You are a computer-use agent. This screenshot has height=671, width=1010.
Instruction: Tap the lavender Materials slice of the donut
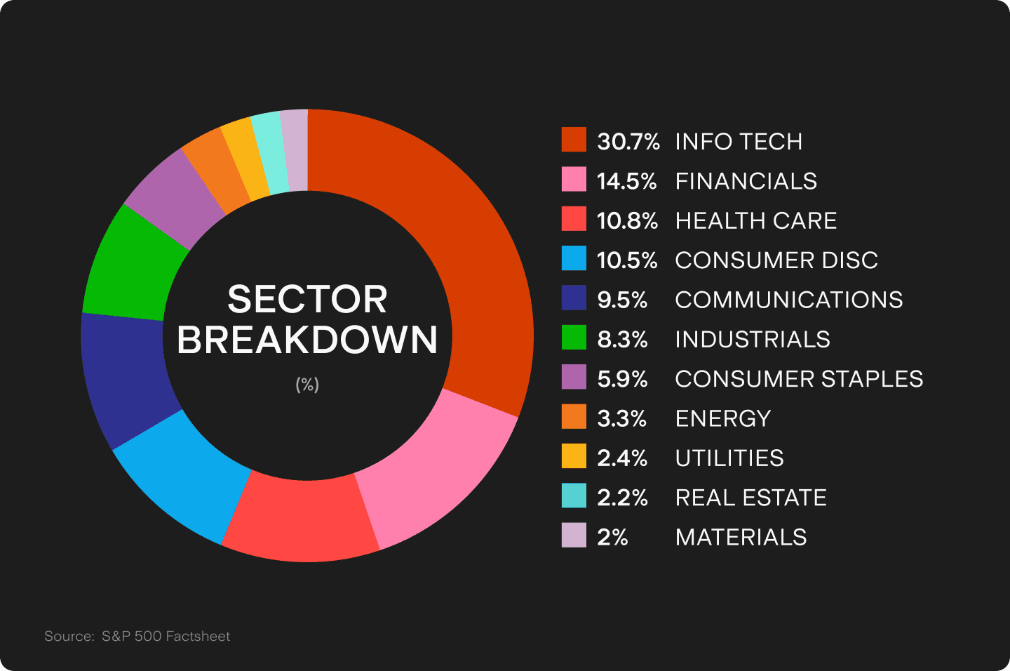point(295,150)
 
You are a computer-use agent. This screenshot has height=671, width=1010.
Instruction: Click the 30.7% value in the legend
point(628,141)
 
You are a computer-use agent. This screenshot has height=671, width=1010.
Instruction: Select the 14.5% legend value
point(626,181)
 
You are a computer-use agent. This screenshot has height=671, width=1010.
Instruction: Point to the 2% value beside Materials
point(612,537)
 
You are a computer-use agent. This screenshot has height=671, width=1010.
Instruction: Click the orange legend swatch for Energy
point(574,417)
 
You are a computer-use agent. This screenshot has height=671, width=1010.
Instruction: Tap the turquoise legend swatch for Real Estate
point(574,496)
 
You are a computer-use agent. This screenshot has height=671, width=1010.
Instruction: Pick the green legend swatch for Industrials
point(574,338)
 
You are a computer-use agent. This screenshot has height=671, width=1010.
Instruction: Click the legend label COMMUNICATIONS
point(788,300)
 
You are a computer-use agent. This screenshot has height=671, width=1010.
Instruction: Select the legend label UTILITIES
point(729,458)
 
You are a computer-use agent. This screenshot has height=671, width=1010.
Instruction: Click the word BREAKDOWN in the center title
point(307,340)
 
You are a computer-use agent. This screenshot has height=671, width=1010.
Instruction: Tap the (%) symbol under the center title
point(307,384)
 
